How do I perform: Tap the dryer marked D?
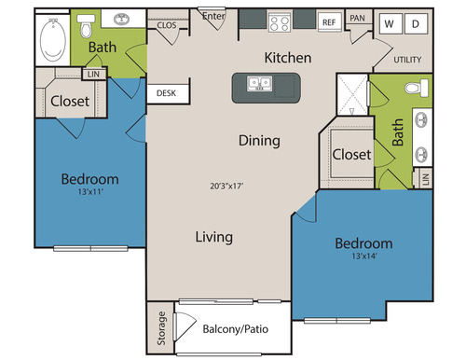pyautogui.click(x=416, y=23)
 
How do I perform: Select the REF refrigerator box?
pyautogui.click(x=329, y=22)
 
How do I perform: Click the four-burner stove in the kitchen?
pyautogui.click(x=280, y=22)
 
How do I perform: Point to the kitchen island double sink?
pyautogui.click(x=260, y=83)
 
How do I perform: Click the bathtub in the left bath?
pyautogui.click(x=53, y=40)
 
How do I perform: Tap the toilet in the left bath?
pyautogui.click(x=86, y=26)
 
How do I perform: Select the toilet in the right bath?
pyautogui.click(x=417, y=88)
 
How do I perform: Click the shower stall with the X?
pyautogui.click(x=352, y=94)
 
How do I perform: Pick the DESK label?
pyautogui.click(x=166, y=93)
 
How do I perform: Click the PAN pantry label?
pyautogui.click(x=357, y=18)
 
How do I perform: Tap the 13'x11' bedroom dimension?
pyautogui.click(x=90, y=192)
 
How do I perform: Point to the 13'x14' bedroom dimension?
pyautogui.click(x=364, y=256)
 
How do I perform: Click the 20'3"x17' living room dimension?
pyautogui.click(x=226, y=186)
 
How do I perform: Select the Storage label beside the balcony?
pyautogui.click(x=161, y=328)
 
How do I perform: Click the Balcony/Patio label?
pyautogui.click(x=236, y=329)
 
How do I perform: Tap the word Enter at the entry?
pyautogui.click(x=213, y=16)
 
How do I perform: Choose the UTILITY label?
pyautogui.click(x=407, y=60)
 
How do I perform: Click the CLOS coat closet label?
pyautogui.click(x=167, y=25)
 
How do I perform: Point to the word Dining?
pyautogui.click(x=259, y=141)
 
